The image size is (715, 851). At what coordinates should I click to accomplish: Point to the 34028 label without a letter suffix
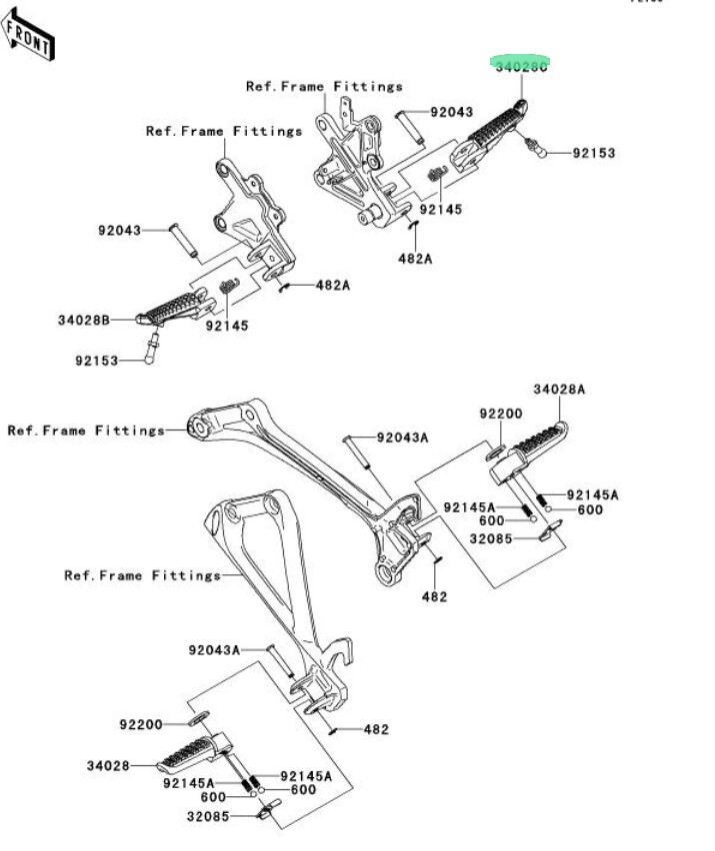108,766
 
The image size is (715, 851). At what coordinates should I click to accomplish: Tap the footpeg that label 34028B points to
175,309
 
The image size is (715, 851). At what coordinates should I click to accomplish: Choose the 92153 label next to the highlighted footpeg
594,154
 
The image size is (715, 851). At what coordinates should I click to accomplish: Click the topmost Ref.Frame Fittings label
324,87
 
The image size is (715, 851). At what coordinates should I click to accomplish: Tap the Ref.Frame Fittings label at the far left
85,430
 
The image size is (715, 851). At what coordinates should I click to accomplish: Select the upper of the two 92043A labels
402,437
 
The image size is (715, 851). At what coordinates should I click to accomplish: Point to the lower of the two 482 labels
375,729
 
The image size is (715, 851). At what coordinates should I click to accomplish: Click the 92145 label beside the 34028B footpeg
227,326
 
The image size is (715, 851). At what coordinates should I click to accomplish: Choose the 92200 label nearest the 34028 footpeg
140,723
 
